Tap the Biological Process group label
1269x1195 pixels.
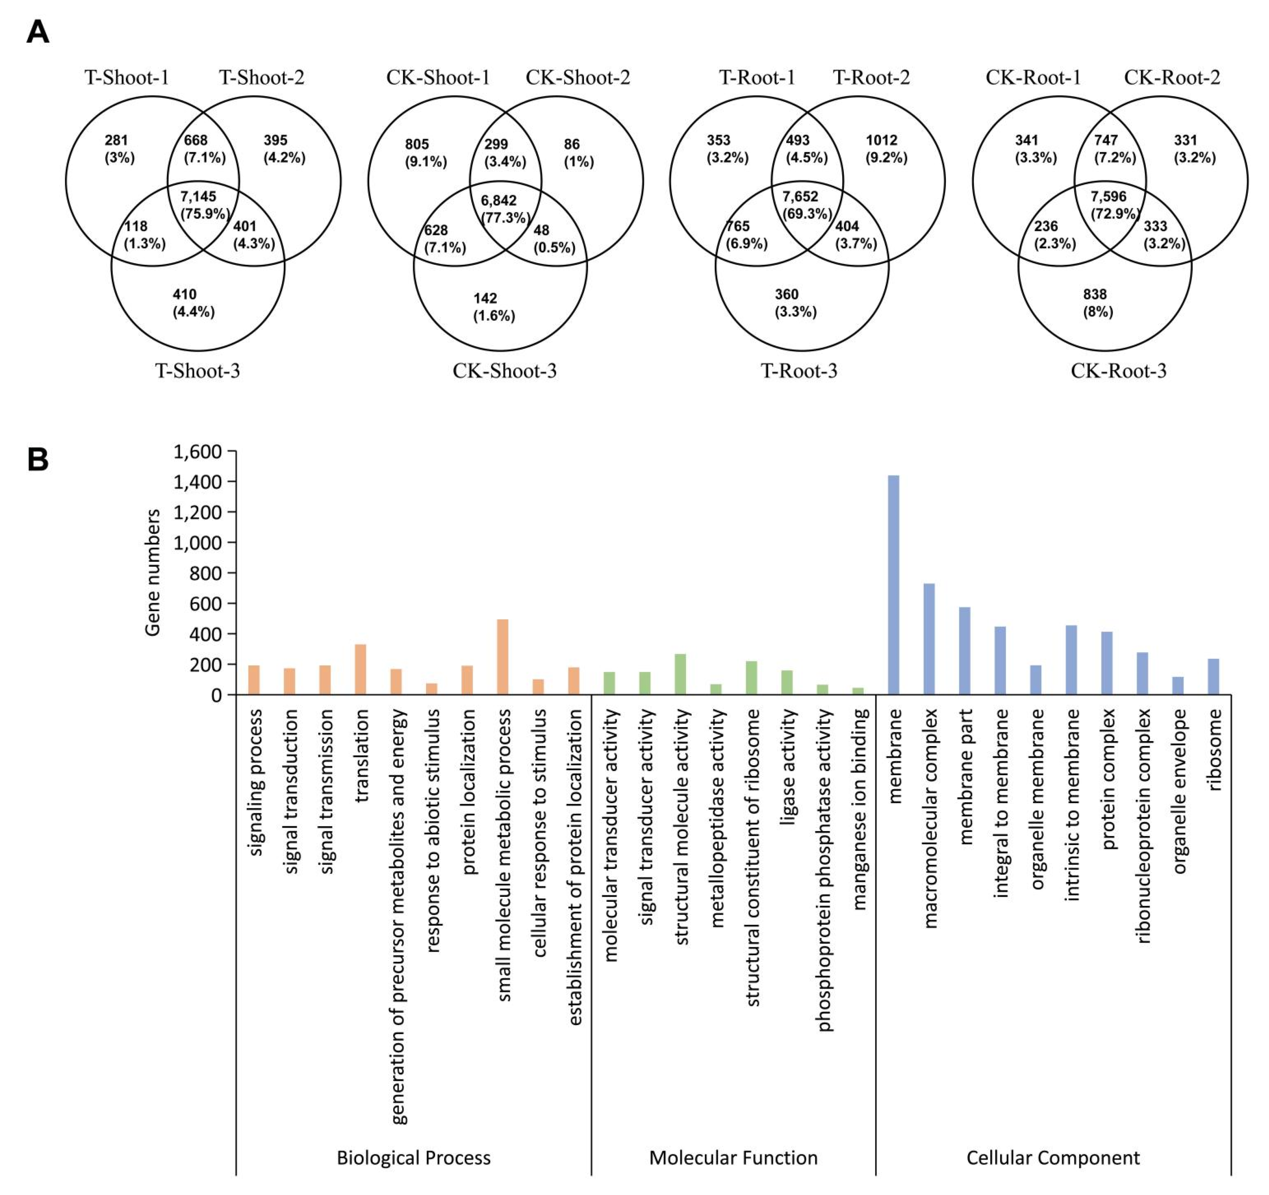[414, 1157]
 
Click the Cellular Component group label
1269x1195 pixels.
[1053, 1157]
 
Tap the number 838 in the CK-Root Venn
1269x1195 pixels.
[1095, 294]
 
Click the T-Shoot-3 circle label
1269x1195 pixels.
[198, 371]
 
